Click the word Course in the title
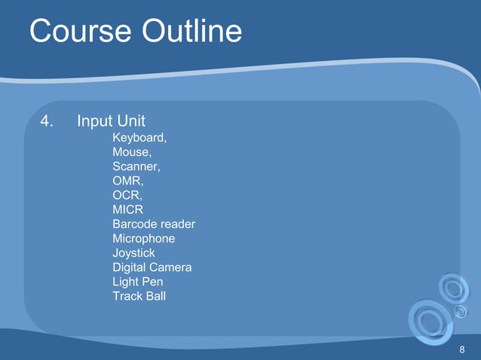click(x=80, y=32)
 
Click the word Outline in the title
click(x=191, y=32)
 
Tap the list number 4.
click(x=47, y=121)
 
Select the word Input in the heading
click(x=95, y=121)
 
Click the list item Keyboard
click(x=139, y=139)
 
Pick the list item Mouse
click(x=132, y=153)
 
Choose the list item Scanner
click(x=136, y=166)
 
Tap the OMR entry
click(x=127, y=182)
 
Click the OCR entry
click(x=127, y=196)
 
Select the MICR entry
click(x=127, y=210)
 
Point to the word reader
click(x=178, y=224)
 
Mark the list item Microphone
click(x=143, y=239)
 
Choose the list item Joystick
click(x=133, y=253)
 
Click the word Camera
click(x=170, y=267)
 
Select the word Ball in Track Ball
click(x=156, y=296)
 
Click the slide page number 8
click(x=461, y=350)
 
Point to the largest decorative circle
click(x=430, y=322)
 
